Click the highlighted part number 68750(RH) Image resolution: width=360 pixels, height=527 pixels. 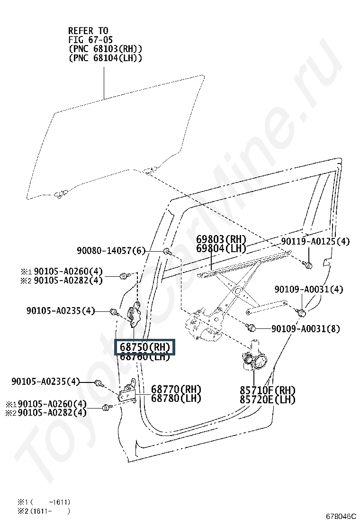[144, 347]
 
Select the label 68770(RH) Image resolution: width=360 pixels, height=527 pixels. [176, 390]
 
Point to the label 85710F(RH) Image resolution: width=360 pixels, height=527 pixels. [267, 390]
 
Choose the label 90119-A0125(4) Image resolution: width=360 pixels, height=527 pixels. [315, 242]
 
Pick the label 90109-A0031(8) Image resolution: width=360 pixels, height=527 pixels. [306, 328]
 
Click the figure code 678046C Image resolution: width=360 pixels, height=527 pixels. [340, 515]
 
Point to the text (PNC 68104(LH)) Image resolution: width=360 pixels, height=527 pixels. [105, 58]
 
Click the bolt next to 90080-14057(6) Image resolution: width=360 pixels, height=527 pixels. [167, 251]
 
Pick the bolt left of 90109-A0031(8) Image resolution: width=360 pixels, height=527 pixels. [252, 327]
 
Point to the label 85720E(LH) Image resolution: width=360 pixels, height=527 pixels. [267, 400]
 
